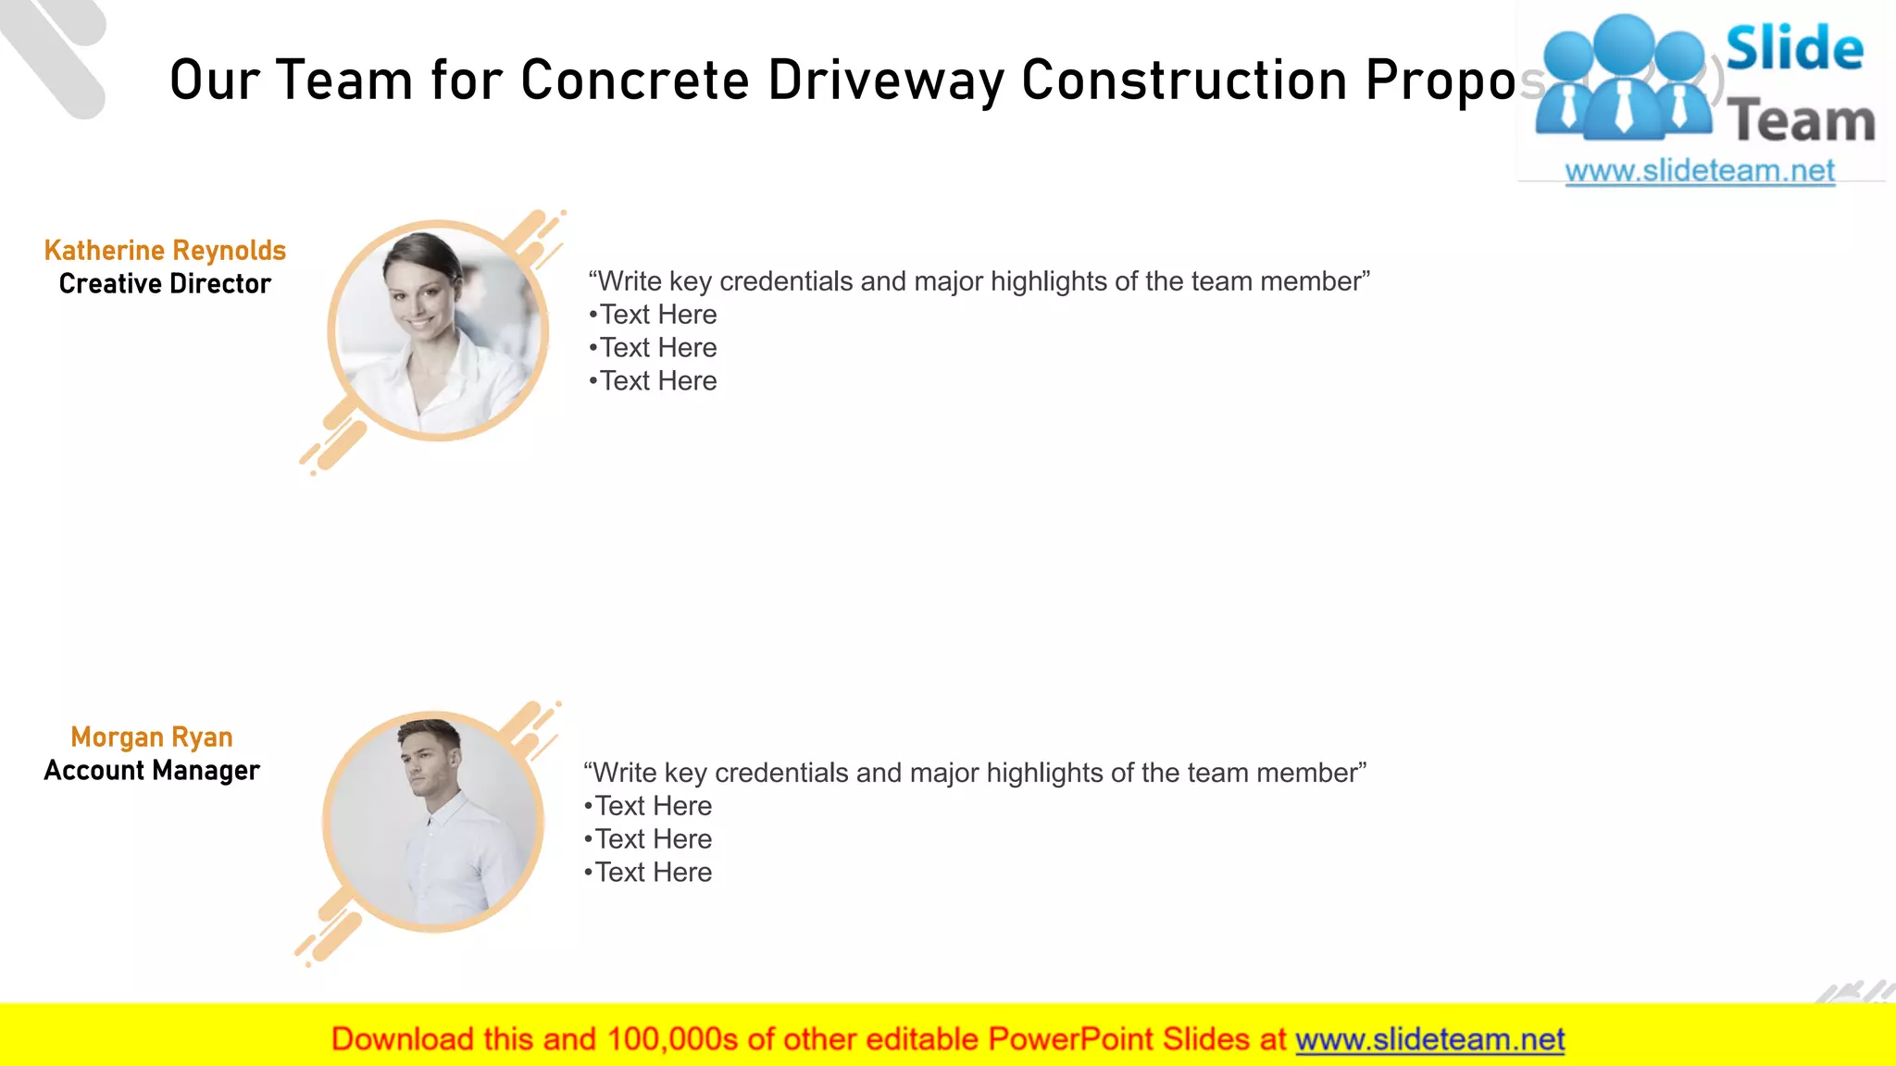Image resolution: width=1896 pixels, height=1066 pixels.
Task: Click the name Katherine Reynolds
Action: click(x=165, y=251)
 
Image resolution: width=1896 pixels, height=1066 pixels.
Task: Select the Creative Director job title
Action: click(x=165, y=284)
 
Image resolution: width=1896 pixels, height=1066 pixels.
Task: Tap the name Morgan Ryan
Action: click(x=152, y=738)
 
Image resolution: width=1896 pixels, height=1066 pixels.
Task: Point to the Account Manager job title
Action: click(x=152, y=771)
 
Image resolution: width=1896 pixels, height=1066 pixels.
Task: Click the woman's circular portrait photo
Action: click(x=438, y=330)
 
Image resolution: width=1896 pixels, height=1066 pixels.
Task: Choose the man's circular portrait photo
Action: click(x=433, y=822)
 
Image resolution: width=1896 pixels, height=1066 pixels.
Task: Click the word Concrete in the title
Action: click(x=635, y=81)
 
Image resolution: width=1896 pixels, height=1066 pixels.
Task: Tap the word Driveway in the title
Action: click(x=886, y=81)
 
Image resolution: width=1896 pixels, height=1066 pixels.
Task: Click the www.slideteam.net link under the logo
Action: click(x=1700, y=171)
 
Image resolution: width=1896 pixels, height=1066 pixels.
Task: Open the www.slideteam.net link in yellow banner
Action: click(x=1429, y=1040)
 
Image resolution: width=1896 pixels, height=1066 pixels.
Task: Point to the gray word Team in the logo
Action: click(x=1802, y=121)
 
